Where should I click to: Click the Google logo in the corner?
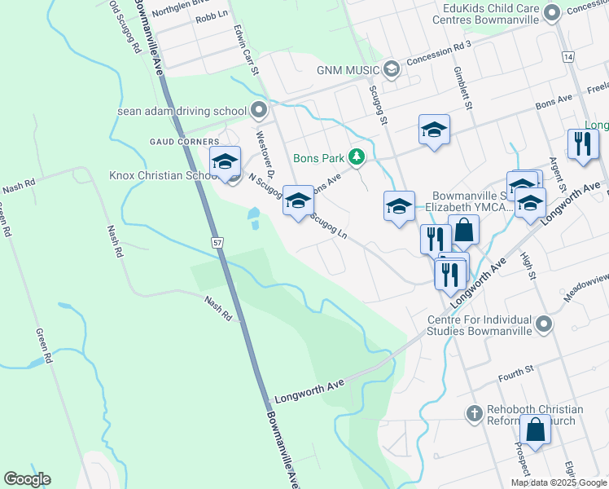pyautogui.click(x=27, y=479)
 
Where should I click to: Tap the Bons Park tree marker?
pyautogui.click(x=356, y=156)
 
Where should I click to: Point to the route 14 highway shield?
pyautogui.click(x=567, y=56)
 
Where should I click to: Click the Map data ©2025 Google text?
pyautogui.click(x=558, y=482)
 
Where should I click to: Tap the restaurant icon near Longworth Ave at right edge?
pyautogui.click(x=582, y=144)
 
